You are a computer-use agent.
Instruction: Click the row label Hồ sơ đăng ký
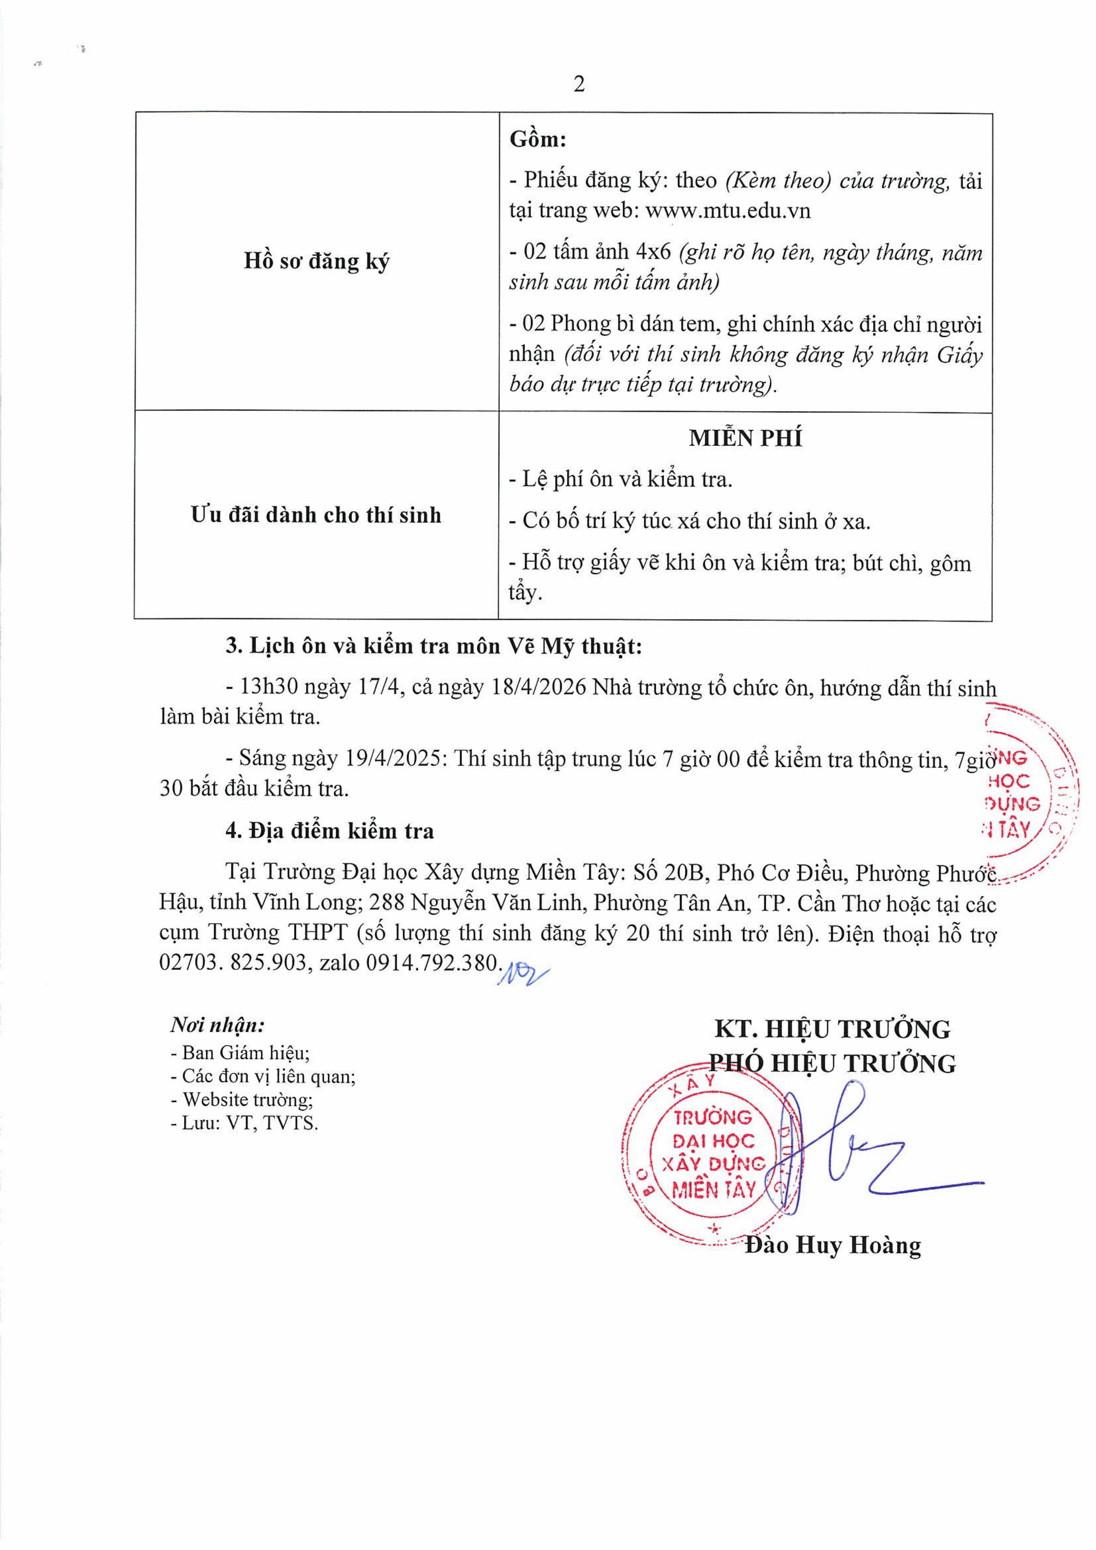(316, 261)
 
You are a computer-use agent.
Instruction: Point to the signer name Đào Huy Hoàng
(833, 1245)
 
